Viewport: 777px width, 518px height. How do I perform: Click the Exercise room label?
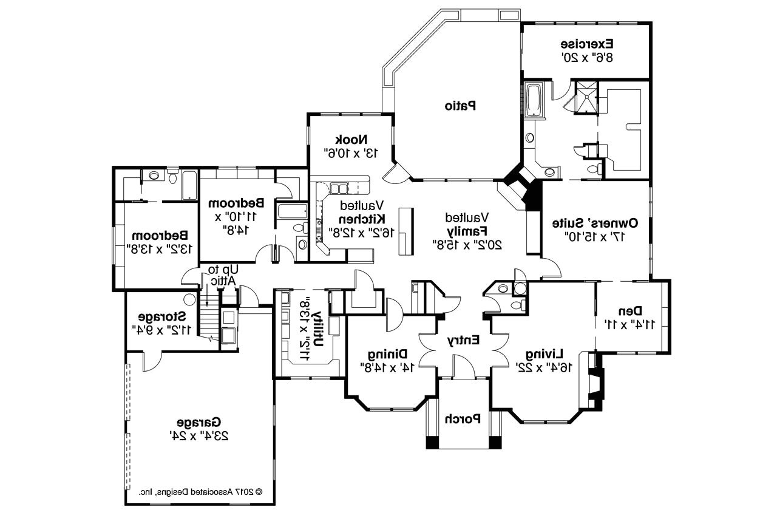point(586,44)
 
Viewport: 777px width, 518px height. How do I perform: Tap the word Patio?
point(460,106)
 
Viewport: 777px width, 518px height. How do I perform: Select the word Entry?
point(464,340)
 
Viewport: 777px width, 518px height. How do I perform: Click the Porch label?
point(463,418)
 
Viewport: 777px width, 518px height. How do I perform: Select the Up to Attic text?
point(221,274)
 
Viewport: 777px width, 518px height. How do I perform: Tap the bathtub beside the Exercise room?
point(534,100)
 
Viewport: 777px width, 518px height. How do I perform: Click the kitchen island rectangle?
point(405,231)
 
